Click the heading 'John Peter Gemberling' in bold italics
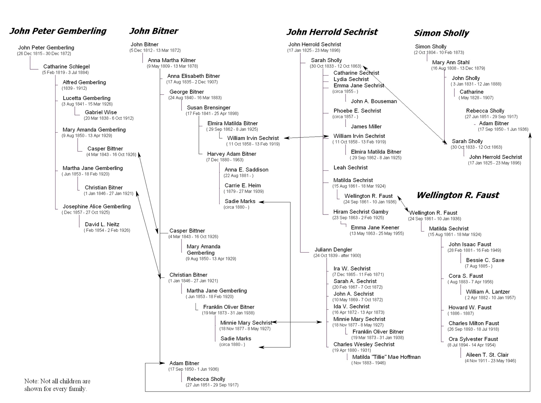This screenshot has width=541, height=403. pos(58,31)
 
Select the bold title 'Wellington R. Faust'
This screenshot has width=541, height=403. pos(458,195)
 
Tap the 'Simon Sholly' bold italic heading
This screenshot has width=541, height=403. pos(441,33)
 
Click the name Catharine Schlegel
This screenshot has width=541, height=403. pos(66,66)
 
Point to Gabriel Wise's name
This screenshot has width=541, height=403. pos(101,112)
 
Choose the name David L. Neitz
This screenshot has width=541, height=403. pos(102,224)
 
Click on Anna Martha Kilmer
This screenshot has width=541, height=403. pos(172,60)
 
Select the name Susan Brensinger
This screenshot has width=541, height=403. pos(208,108)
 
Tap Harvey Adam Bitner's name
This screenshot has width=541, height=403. pos(231,154)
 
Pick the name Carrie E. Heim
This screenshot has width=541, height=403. pos(243,185)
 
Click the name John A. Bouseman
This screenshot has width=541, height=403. pos(374,101)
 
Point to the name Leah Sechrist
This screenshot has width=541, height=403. pos(351,167)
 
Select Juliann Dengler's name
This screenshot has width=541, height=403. pos(333,249)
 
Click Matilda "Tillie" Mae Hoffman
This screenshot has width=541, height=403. pos(386,357)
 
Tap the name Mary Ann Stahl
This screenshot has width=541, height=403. pos(451,62)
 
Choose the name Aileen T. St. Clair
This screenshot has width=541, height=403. pos(487,355)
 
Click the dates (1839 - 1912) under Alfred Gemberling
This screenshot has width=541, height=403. pos(74,88)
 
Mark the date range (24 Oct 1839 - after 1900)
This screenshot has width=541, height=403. pos(337,256)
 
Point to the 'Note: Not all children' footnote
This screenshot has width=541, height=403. pos(57,385)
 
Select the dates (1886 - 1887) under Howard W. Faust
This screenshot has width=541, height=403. pos(461,313)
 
